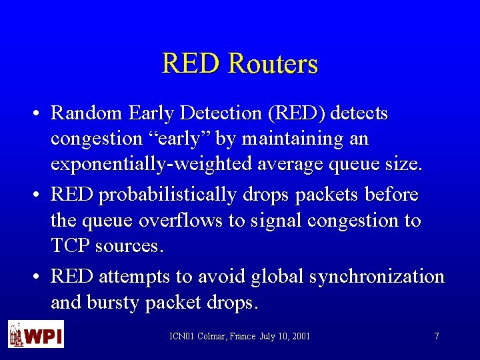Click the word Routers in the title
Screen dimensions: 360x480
coord(273,64)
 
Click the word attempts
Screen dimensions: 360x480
coord(133,276)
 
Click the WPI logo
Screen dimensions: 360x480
coord(36,334)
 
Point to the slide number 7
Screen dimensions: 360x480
coord(437,336)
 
